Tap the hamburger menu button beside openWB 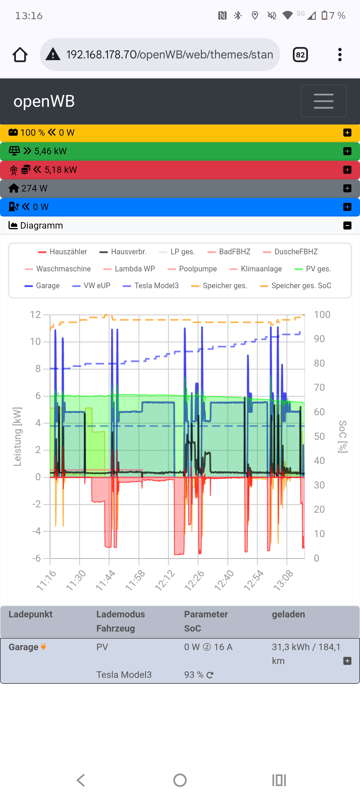coord(323,101)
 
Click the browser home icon coord(20,55)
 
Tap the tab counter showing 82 coord(300,55)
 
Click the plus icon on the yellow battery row coord(347,133)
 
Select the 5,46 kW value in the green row coord(50,151)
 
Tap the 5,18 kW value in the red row coord(60,170)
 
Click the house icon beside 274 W coord(14,188)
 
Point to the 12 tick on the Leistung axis coord(35,314)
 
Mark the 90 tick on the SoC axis coord(319,339)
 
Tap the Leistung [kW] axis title coord(17,436)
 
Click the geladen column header coord(288,614)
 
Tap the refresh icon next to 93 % coord(210,675)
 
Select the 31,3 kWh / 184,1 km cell coord(306,654)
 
